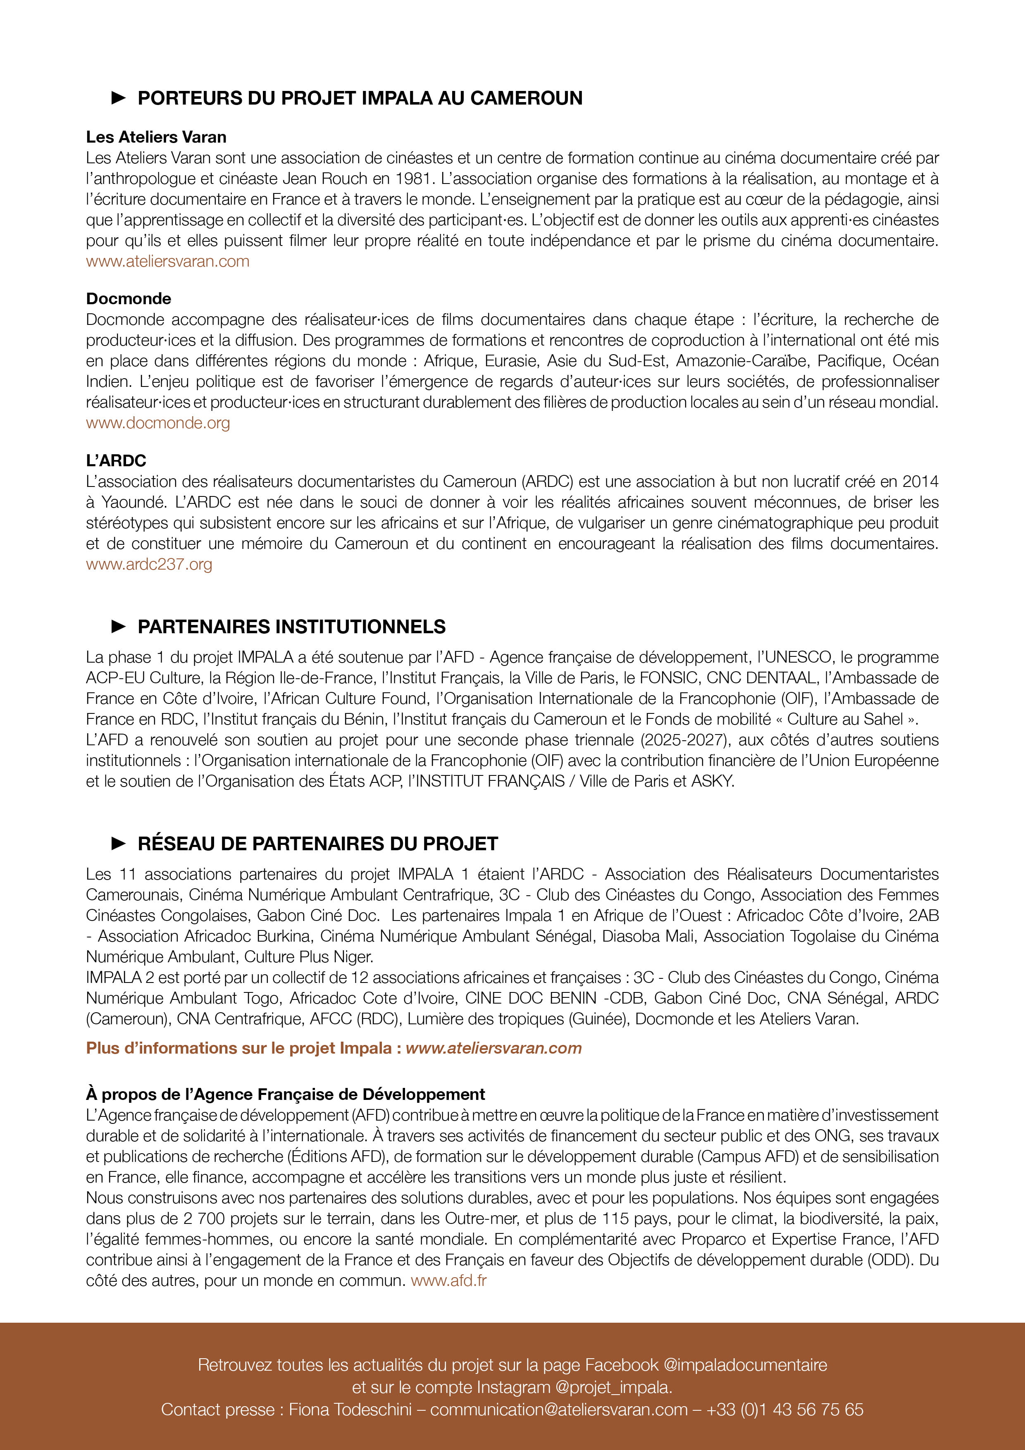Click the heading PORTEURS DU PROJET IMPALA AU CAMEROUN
(x=360, y=98)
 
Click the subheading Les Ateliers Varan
(x=156, y=137)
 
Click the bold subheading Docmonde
(x=129, y=299)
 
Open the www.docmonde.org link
(x=158, y=423)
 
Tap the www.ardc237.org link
(x=149, y=564)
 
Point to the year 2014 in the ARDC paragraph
(x=920, y=481)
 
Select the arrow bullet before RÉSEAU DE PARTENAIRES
(x=118, y=843)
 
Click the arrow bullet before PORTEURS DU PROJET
(x=118, y=98)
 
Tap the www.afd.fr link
(x=448, y=1281)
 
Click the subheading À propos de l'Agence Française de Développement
(x=286, y=1095)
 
